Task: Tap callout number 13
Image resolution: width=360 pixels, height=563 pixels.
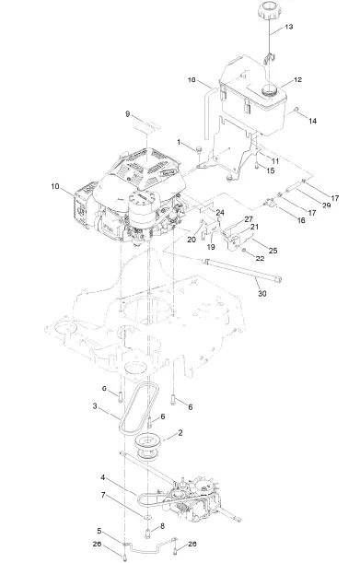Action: coord(289,27)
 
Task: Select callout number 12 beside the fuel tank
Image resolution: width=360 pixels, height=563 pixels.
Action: coord(297,80)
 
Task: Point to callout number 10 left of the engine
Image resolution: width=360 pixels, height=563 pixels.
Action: coord(55,186)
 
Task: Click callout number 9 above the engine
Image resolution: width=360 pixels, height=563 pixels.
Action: coord(127,114)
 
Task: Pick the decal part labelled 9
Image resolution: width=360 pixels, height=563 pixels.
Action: coord(146,126)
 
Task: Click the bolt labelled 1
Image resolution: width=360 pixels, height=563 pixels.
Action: coord(199,149)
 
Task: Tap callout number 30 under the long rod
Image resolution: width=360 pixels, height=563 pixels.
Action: coord(262,293)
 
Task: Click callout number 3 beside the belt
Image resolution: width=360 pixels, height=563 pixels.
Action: coord(95,406)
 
